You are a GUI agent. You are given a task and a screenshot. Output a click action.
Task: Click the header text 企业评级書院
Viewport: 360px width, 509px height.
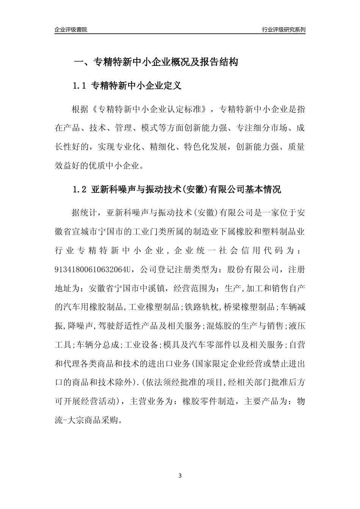point(71,30)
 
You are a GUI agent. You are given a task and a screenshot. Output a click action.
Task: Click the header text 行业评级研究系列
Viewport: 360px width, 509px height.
point(283,30)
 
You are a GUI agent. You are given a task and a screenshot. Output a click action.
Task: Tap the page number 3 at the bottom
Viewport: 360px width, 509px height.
point(180,475)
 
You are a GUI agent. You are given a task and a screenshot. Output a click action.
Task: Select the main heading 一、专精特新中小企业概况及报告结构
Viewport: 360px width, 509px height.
point(155,62)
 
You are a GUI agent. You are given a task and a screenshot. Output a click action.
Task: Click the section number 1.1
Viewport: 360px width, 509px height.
point(80,86)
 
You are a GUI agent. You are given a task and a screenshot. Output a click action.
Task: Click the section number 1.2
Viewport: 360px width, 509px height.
point(80,189)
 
